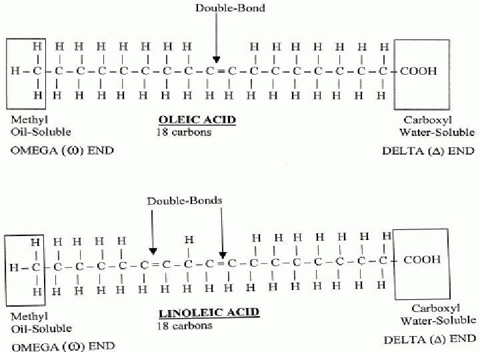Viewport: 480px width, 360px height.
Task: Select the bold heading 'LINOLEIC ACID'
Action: pyautogui.click(x=199, y=312)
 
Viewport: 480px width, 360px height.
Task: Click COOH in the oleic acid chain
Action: pyautogui.click(x=419, y=70)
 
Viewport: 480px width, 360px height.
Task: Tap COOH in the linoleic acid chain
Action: pyautogui.click(x=422, y=260)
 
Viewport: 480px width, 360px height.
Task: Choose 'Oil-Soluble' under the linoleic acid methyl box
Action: pyautogui.click(x=41, y=329)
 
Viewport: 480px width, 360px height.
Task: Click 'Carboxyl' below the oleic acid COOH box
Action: pyautogui.click(x=423, y=120)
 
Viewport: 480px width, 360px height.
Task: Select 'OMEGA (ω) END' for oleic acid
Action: pyautogui.click(x=62, y=150)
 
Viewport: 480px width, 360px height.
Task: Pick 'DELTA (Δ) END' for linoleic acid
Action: pyautogui.click(x=429, y=339)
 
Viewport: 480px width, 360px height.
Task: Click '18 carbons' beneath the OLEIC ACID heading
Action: pyautogui.click(x=183, y=133)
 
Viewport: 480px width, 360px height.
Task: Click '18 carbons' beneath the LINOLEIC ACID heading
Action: pyautogui.click(x=185, y=326)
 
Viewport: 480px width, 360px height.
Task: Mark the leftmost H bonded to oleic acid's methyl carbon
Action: pyautogui.click(x=15, y=71)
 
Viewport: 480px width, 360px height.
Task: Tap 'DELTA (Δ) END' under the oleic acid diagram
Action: pyautogui.click(x=428, y=151)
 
